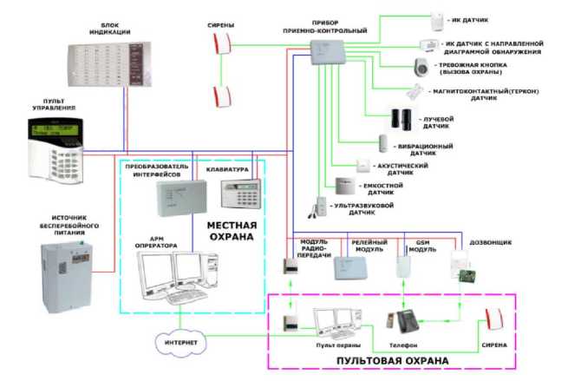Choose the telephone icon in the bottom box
pyautogui.click(x=407, y=323)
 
